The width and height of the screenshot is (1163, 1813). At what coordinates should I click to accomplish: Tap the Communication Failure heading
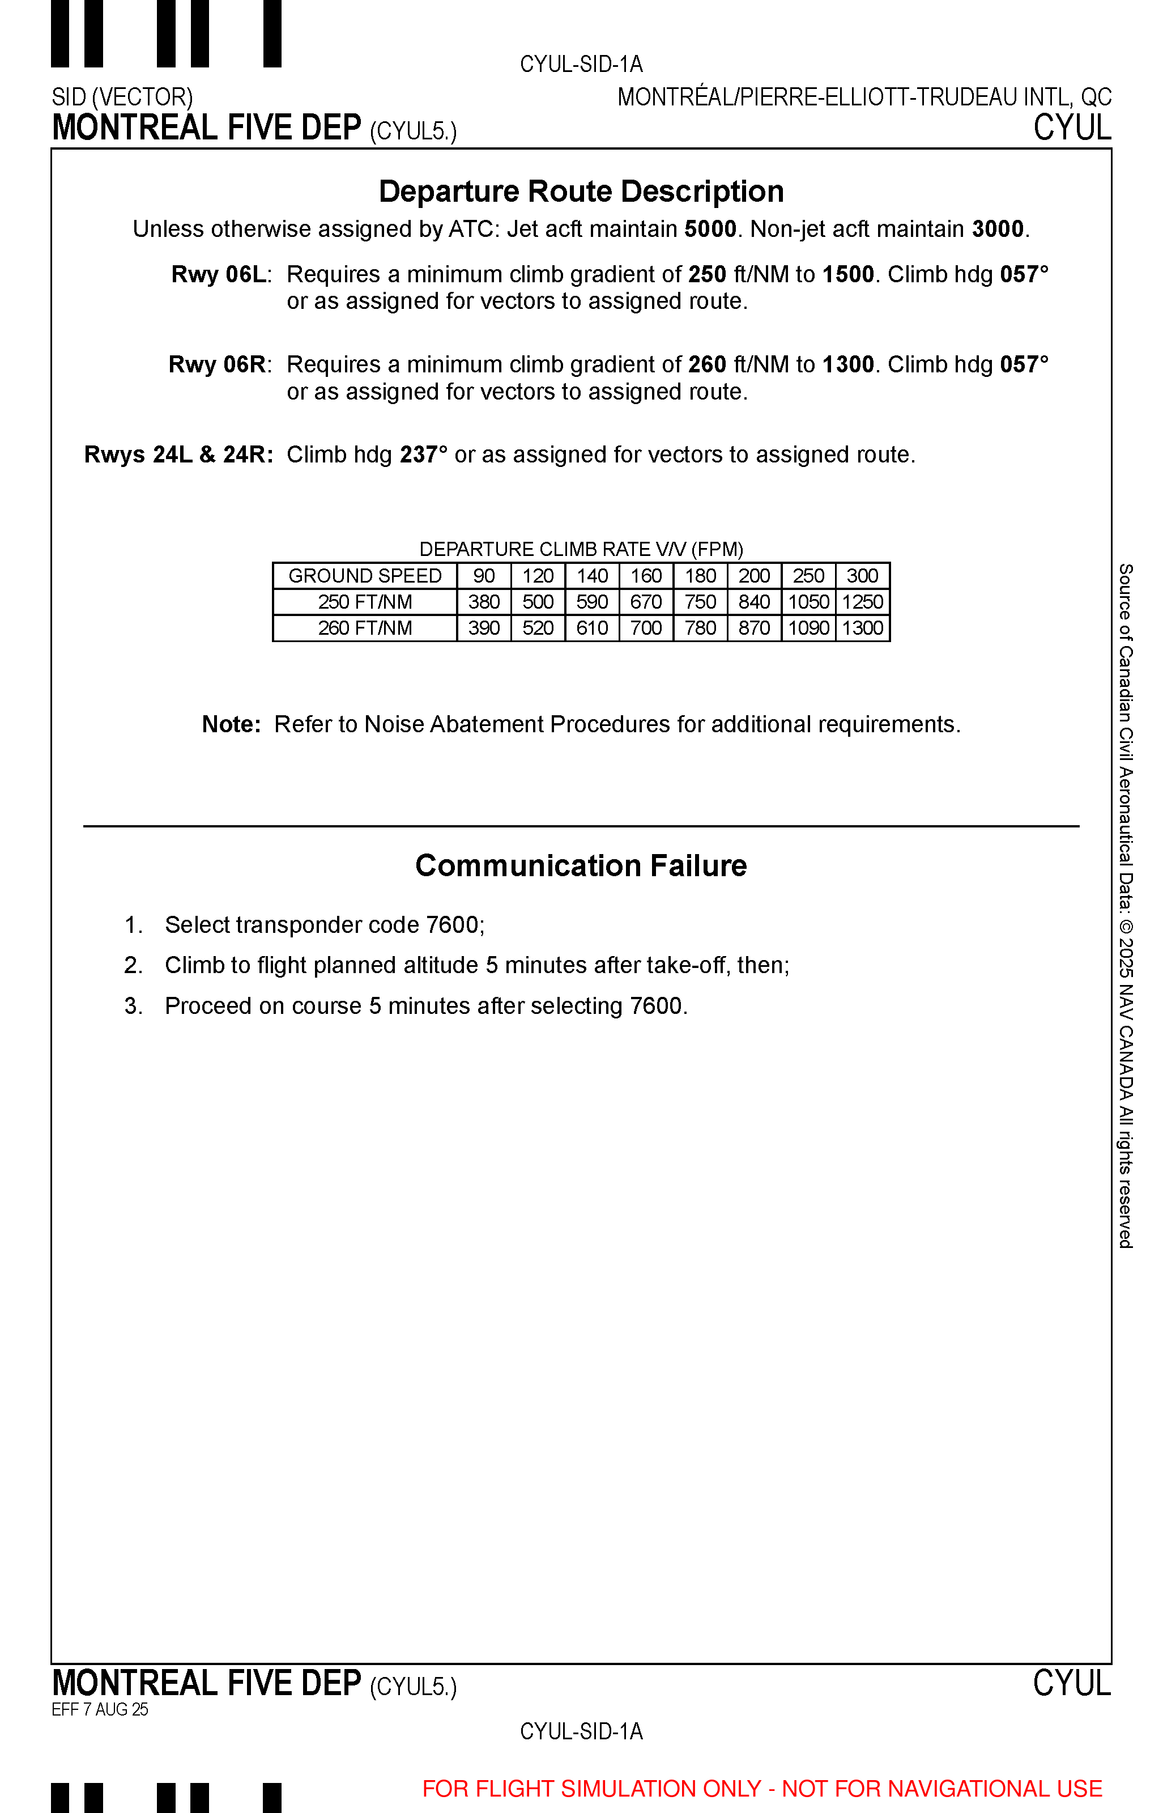(x=581, y=866)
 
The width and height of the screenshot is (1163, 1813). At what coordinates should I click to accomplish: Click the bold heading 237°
(x=423, y=455)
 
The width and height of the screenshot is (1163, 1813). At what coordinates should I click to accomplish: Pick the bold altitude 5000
(x=710, y=229)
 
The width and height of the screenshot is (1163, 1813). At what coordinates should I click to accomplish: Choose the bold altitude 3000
(x=998, y=229)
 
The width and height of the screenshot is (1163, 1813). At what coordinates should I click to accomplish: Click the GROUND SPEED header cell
(x=365, y=576)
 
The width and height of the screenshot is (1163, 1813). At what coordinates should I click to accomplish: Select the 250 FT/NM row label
(x=365, y=602)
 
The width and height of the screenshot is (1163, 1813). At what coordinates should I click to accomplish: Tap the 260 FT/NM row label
(x=365, y=629)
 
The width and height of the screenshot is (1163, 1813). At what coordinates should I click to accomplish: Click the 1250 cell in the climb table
(x=862, y=602)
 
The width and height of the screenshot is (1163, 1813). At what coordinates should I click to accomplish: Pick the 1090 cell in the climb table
(x=809, y=629)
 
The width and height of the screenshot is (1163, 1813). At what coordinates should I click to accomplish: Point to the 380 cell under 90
(x=484, y=602)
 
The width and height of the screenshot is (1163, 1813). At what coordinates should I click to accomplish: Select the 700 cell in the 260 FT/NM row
(x=646, y=629)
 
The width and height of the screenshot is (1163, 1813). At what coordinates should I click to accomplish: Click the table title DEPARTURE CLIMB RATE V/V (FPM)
(x=581, y=549)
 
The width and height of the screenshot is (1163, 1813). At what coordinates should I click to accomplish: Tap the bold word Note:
(x=231, y=724)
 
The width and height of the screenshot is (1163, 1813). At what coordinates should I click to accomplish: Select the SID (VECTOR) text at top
(x=122, y=97)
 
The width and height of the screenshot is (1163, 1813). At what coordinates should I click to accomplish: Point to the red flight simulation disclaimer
(x=762, y=1789)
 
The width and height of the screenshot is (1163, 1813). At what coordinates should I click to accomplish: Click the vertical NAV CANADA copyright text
(x=1125, y=907)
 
